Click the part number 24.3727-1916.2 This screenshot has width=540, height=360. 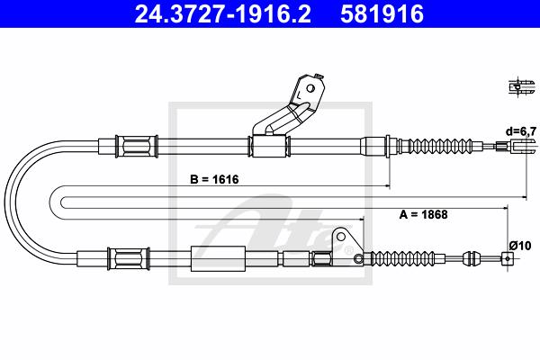223,14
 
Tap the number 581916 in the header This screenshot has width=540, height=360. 382,14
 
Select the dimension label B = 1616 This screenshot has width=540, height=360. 214,179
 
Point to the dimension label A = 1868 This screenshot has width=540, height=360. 423,214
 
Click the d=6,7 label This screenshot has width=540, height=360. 521,131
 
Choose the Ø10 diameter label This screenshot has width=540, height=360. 520,246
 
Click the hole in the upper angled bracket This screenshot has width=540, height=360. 310,88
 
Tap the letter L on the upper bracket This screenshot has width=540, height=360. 299,94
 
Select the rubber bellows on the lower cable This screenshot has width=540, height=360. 401,258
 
